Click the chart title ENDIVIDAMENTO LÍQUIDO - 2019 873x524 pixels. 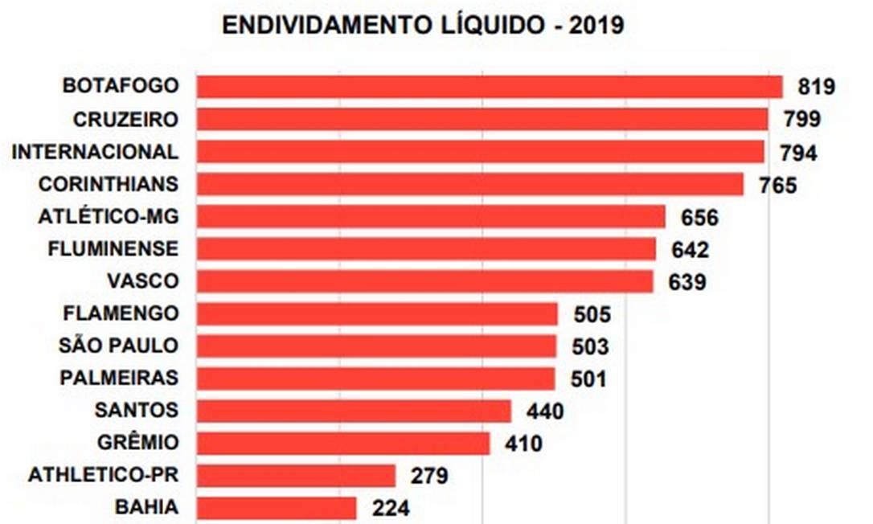coord(423,25)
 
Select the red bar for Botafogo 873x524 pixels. coord(489,87)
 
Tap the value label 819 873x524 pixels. coord(817,87)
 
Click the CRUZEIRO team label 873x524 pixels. coord(125,119)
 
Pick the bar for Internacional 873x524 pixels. coord(480,152)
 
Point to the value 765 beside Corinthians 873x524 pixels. coord(777,185)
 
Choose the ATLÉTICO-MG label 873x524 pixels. coord(109,217)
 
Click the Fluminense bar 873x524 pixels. coord(426,249)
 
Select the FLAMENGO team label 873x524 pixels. coord(119,313)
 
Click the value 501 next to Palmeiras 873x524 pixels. coord(588,379)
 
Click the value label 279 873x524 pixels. coord(428,476)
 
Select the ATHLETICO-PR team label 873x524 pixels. coord(103,475)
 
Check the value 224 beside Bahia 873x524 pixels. coord(390,508)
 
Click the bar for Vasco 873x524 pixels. coord(424,281)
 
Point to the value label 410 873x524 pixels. coord(523,444)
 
